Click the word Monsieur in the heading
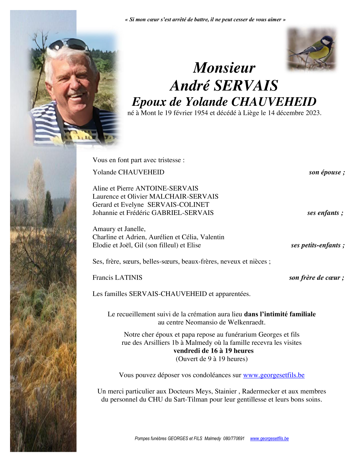224,68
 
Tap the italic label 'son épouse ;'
327,172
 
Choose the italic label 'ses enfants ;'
325,213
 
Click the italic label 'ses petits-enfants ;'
318,245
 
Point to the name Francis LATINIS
117,278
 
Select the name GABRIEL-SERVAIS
183,213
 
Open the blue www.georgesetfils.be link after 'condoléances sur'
274,375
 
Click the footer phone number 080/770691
234,439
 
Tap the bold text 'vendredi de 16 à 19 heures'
213,351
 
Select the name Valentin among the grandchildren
212,237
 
